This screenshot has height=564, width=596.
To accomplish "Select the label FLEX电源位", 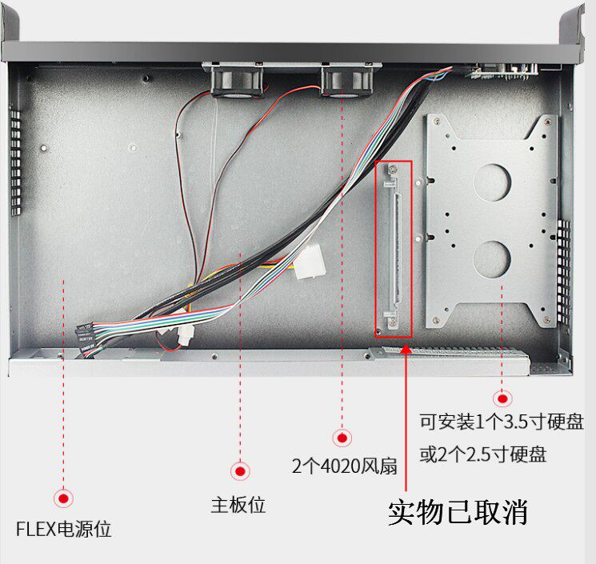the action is pos(64,529).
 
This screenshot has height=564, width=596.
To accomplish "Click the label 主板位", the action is pos(238,506).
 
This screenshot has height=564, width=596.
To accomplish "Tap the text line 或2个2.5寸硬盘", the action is pos(483,455).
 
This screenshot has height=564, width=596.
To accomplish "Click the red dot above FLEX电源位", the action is pos(64,498).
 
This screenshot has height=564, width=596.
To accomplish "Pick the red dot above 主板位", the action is pos(239,471).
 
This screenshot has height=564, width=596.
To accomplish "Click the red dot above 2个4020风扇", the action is pos(342,438).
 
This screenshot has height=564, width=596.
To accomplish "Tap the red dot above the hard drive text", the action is pos(502,398).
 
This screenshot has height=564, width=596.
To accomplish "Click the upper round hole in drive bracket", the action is pos(492,182).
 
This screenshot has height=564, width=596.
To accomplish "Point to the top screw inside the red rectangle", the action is pos(393,170).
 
